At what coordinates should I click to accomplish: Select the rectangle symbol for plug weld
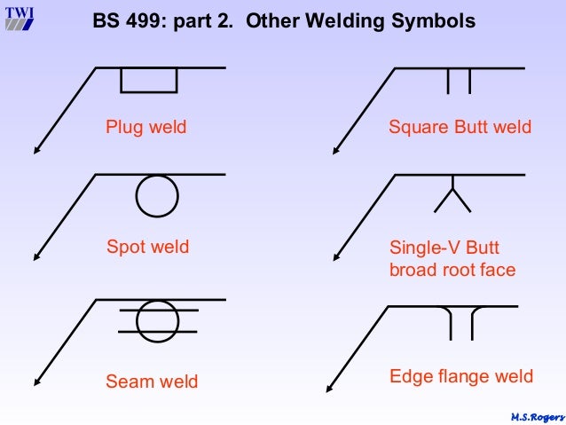coord(148,80)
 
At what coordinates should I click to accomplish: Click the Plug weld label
coord(146,127)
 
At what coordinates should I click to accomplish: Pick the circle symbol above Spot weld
coord(157,195)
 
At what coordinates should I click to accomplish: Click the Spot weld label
coord(147,247)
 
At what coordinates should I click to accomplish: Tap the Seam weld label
coord(152,382)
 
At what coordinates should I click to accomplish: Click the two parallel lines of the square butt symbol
coord(458,81)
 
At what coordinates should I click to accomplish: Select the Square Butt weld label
coord(460,127)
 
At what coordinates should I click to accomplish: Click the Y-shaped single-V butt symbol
coord(452,194)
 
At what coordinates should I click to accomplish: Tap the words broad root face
coord(452,270)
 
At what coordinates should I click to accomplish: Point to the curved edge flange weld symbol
coord(460,321)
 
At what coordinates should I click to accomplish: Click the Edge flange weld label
coord(461,377)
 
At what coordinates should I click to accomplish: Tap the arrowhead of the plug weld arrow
coord(38,147)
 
